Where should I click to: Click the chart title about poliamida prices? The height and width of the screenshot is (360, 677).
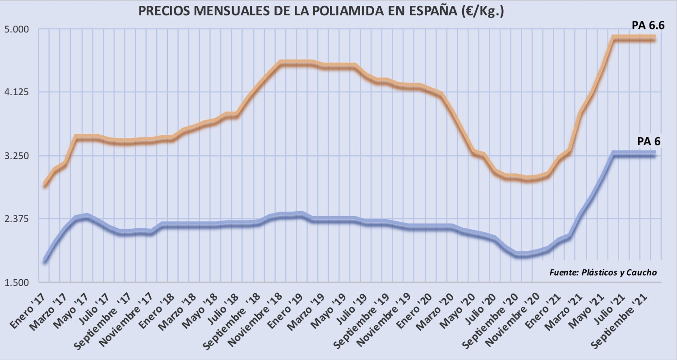pyautogui.click(x=321, y=11)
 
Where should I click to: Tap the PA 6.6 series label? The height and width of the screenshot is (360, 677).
pyautogui.click(x=648, y=26)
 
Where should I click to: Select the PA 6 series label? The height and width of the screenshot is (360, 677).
pyautogui.click(x=649, y=142)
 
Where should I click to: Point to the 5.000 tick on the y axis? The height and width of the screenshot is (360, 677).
pyautogui.click(x=16, y=30)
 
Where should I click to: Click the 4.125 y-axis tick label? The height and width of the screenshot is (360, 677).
pyautogui.click(x=16, y=92)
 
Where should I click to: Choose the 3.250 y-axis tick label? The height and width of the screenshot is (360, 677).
pyautogui.click(x=16, y=156)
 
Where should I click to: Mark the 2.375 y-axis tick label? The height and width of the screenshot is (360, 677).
pyautogui.click(x=16, y=219)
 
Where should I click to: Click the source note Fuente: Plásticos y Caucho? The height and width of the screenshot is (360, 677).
pyautogui.click(x=603, y=273)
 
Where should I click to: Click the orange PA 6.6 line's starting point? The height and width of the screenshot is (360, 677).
pyautogui.click(x=45, y=185)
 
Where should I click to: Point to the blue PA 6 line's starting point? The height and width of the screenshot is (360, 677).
pyautogui.click(x=45, y=260)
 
